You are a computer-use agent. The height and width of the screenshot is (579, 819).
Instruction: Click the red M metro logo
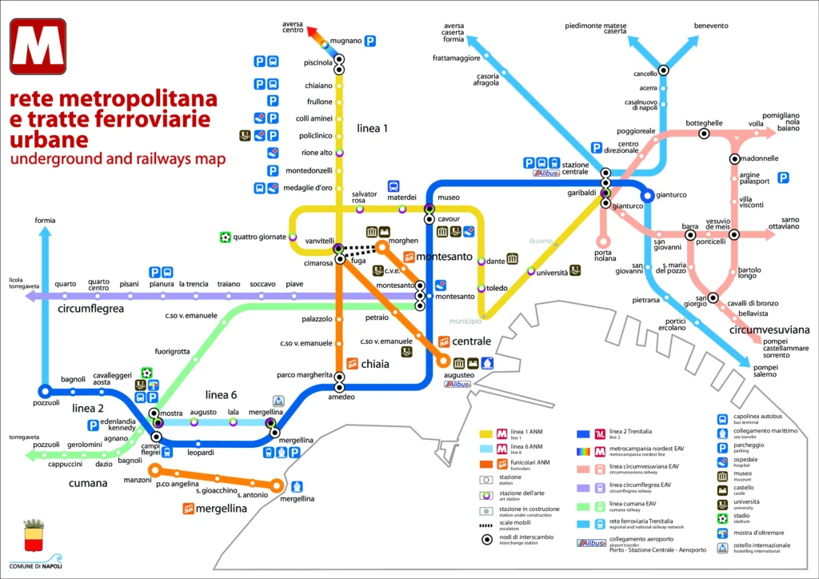point(38,46)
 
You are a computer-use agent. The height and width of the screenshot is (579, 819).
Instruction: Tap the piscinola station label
point(318,62)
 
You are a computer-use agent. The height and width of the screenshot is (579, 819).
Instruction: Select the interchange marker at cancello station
point(663,70)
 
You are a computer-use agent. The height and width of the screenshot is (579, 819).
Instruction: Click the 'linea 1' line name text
point(373,128)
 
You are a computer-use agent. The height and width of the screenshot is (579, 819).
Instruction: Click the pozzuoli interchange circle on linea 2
point(45,391)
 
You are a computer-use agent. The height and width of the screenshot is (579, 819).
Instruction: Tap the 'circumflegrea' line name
point(90,307)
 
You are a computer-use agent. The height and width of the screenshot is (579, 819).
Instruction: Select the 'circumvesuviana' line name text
point(769,329)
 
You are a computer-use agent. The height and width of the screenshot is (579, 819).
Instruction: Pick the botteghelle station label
point(704,123)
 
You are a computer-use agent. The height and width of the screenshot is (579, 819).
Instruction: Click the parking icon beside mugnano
point(371,41)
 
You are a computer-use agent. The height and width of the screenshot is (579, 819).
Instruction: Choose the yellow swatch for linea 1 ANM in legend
point(484,434)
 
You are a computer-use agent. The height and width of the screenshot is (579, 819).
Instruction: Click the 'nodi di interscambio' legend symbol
point(485,541)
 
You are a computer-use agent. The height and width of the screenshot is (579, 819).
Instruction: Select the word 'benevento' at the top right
point(711,26)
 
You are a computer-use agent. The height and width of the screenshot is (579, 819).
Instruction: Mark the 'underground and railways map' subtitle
point(118,159)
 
